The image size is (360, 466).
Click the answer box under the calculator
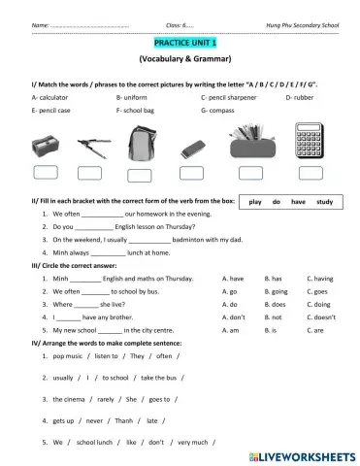[314, 175]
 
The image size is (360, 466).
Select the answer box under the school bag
[143, 175]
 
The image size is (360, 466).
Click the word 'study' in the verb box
[325, 202]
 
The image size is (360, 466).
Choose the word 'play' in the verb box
[256, 202]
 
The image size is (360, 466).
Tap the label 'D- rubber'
[301, 98]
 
